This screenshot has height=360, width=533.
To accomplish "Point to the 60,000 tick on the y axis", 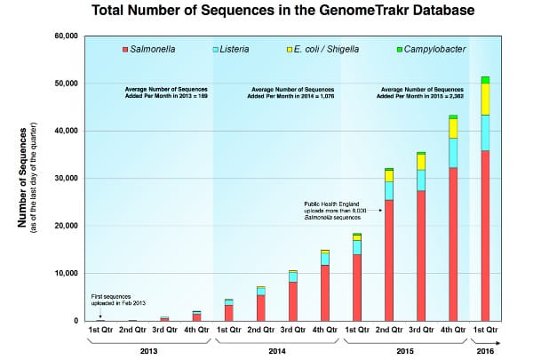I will [x=68, y=36].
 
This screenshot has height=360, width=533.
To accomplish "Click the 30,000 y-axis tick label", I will [x=68, y=179].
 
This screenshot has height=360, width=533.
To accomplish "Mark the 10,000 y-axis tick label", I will [x=68, y=274].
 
